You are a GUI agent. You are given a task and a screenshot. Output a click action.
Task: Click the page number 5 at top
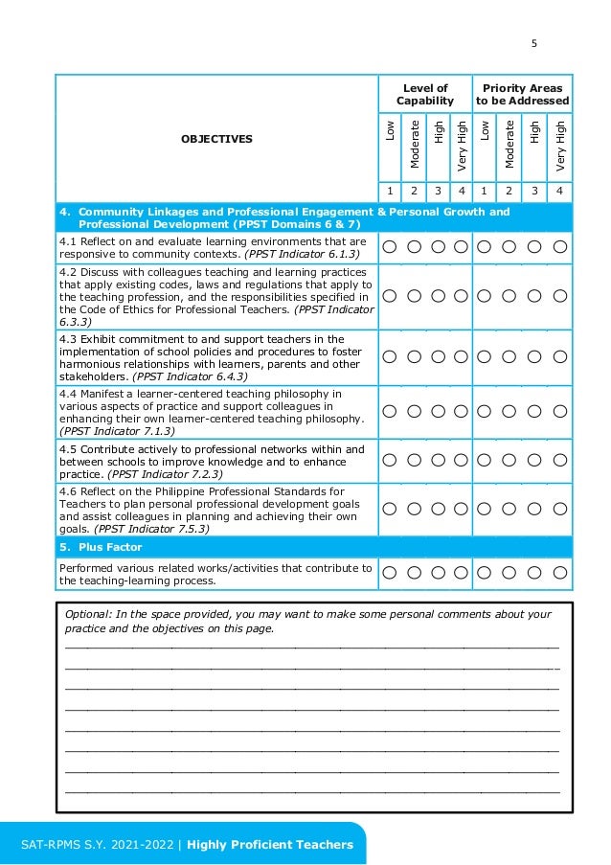[534, 42]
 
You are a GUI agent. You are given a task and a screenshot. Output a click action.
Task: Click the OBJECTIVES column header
[216, 139]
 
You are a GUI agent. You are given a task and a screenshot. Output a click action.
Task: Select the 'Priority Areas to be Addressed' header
[523, 94]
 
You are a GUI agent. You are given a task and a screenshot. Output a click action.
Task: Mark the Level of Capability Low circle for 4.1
[390, 247]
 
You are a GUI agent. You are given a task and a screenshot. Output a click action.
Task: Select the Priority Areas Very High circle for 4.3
[561, 356]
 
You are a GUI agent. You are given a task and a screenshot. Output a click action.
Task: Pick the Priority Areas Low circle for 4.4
[485, 411]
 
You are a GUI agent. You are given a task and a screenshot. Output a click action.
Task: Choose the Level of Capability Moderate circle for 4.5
[414, 461]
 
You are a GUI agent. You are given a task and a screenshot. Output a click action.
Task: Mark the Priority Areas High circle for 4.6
[536, 510]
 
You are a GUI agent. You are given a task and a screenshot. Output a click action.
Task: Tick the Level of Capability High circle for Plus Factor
[438, 573]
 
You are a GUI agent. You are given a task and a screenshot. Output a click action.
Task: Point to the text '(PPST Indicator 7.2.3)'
[165, 474]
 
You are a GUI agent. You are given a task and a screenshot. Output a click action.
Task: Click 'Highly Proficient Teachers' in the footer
[270, 844]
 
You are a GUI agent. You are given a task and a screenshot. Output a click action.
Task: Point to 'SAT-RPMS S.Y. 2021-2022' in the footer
[99, 844]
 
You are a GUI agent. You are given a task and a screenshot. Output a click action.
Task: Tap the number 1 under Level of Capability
[390, 191]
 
